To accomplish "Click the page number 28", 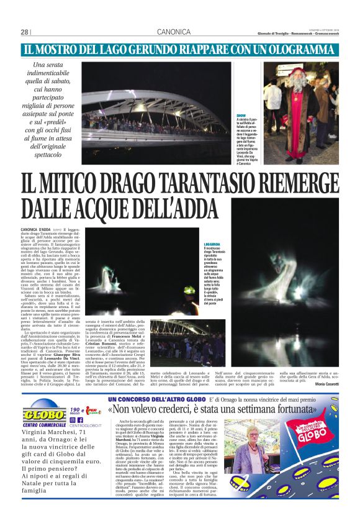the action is coord(25,32).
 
